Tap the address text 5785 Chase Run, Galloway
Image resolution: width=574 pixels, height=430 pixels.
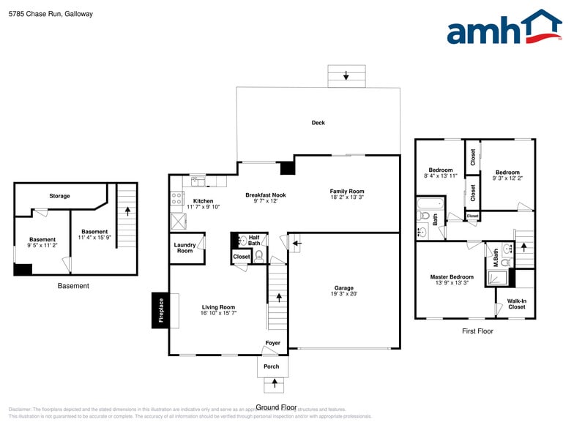pos(51,14)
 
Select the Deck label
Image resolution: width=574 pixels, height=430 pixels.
pos(318,123)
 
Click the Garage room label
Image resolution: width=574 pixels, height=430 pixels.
pos(344,288)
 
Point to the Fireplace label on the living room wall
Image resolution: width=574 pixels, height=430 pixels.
pos(161,310)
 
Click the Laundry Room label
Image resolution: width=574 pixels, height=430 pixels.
pos(184,248)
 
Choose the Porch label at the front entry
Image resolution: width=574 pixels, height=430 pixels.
pos(271,366)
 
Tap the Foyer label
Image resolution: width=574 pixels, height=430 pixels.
pos(272,343)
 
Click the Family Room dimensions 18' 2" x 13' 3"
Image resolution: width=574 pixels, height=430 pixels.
pos(347,197)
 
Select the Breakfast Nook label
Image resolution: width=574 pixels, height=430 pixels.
pos(265,195)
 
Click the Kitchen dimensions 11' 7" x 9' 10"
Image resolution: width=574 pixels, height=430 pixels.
pos(203,208)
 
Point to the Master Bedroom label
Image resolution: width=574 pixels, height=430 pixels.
pos(451,277)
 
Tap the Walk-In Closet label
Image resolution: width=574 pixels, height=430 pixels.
pos(517,303)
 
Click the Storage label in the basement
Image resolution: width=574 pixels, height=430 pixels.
pos(59,196)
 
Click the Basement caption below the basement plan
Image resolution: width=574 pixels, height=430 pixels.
pos(73,286)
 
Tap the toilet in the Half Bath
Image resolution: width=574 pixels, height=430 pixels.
pos(258,255)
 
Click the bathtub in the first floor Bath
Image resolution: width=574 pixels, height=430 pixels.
pos(430,204)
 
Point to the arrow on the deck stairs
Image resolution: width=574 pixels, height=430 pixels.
pos(346,76)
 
